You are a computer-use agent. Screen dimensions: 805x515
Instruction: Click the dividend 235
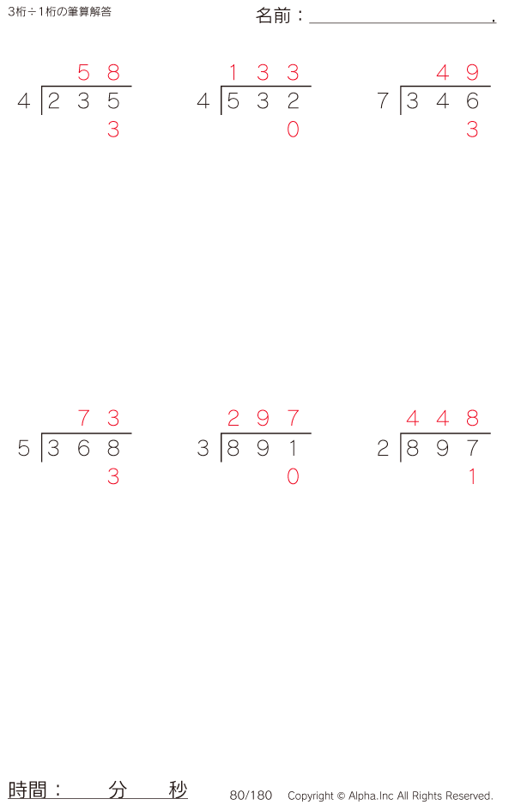pyautogui.click(x=83, y=102)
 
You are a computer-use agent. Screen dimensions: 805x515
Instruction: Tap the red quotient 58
pyautogui.click(x=98, y=73)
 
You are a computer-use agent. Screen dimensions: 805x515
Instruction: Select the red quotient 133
pyautogui.click(x=263, y=73)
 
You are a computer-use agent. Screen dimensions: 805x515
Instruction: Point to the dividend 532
pyautogui.click(x=263, y=102)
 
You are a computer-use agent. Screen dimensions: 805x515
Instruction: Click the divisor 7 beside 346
pyautogui.click(x=383, y=102)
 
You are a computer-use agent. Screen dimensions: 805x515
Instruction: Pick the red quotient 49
pyautogui.click(x=457, y=73)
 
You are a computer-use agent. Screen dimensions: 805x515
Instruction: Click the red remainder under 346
pyautogui.click(x=472, y=130)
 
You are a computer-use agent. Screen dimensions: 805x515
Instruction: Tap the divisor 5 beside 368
pyautogui.click(x=24, y=449)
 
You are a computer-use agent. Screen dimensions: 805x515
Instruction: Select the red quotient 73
pyautogui.click(x=98, y=419)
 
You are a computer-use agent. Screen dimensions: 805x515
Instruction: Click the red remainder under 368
pyautogui.click(x=113, y=477)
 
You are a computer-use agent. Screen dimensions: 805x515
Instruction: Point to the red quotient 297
pyautogui.click(x=263, y=419)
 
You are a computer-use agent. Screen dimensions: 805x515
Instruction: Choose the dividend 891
pyautogui.click(x=263, y=449)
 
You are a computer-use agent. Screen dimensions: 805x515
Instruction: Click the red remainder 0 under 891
pyautogui.click(x=293, y=477)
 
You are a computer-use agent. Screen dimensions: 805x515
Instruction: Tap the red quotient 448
pyautogui.click(x=442, y=419)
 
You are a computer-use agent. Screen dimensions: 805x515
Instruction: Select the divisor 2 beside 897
pyautogui.click(x=383, y=449)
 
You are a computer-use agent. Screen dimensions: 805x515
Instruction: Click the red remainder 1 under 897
pyautogui.click(x=472, y=477)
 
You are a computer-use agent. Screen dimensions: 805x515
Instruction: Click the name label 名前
pyautogui.click(x=275, y=15)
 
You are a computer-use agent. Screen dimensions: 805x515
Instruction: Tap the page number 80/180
pyautogui.click(x=251, y=796)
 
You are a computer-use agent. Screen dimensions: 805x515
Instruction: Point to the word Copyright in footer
pyautogui.click(x=310, y=796)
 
